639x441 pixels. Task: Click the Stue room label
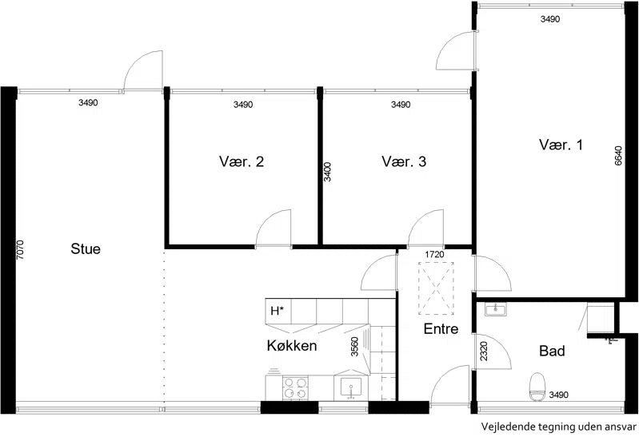86,248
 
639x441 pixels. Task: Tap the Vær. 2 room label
242,161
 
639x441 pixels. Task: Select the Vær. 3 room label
404,161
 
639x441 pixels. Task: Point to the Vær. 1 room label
561,145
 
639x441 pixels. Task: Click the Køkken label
292,345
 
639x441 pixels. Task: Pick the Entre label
441,328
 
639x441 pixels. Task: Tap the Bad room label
552,351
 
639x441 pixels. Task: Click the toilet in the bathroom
538,386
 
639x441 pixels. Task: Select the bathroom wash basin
495,309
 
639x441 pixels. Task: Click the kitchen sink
350,387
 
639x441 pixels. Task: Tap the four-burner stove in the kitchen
295,387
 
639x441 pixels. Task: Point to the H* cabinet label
278,311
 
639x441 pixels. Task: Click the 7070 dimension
20,249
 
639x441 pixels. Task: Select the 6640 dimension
618,156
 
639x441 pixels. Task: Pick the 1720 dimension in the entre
434,255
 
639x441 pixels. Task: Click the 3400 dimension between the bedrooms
327,172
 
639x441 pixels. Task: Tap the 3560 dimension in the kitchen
354,347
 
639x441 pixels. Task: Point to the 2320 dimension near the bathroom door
484,351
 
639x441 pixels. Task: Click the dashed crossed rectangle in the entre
436,288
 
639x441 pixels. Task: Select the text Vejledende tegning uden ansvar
559,427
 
